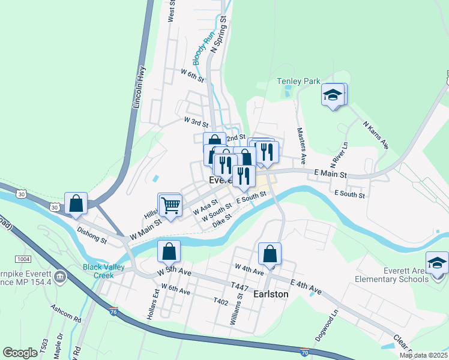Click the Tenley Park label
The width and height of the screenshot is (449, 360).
(298, 81)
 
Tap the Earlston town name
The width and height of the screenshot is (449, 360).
(270, 295)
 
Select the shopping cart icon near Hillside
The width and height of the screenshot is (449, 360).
(170, 205)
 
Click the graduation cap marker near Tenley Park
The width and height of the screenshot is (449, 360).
(333, 95)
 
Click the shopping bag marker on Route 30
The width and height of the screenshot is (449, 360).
(76, 204)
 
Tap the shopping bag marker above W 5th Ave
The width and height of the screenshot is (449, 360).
(169, 252)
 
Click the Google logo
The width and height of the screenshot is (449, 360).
(20, 353)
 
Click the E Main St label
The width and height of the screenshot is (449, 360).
(331, 174)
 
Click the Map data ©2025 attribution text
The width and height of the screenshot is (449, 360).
(423, 355)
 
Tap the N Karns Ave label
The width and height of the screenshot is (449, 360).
(376, 135)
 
